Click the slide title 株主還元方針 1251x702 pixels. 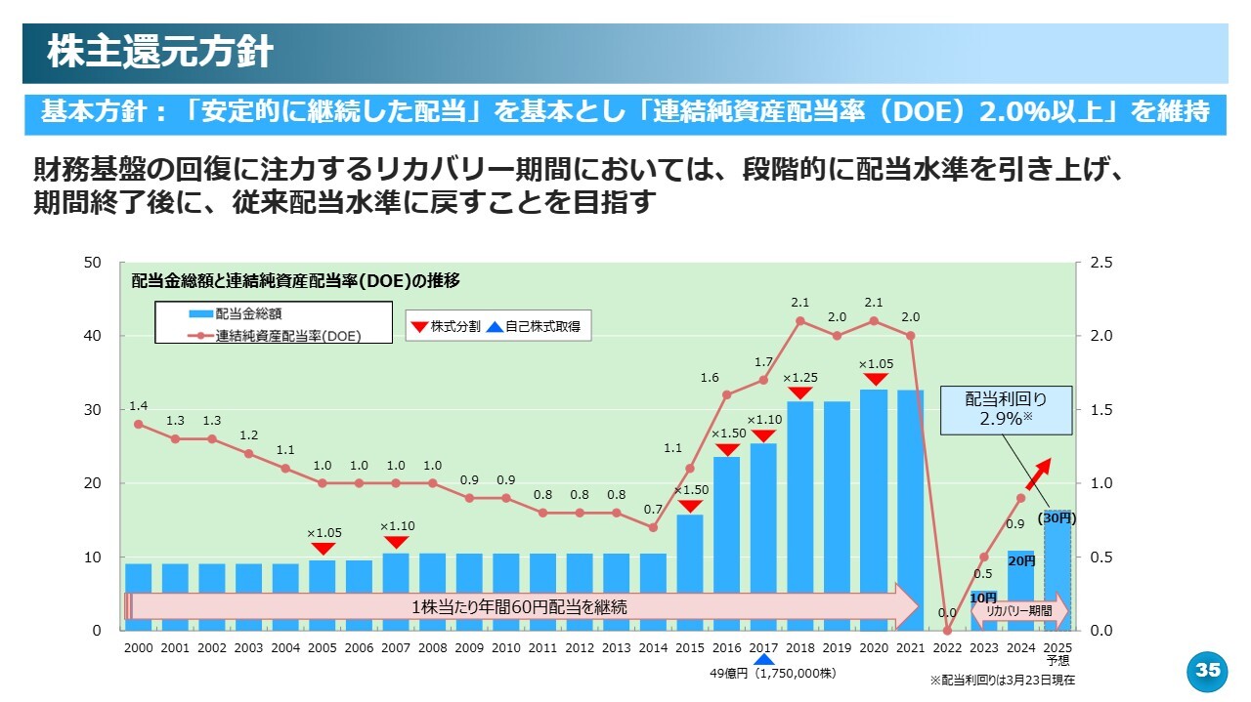[160, 53]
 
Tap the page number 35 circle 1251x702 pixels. [1208, 671]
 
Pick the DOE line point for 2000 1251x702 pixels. [138, 424]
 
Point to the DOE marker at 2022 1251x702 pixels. [947, 631]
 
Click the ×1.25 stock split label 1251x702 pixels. [799, 377]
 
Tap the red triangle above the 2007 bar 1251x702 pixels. [396, 542]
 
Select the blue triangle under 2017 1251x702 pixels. [763, 658]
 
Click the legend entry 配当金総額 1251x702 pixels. [247, 314]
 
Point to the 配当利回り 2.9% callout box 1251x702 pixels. [1006, 408]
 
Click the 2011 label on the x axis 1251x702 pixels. [542, 648]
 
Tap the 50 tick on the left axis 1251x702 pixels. [94, 263]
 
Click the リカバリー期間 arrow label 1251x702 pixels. [1019, 610]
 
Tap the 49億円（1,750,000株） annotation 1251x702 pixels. [772, 674]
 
